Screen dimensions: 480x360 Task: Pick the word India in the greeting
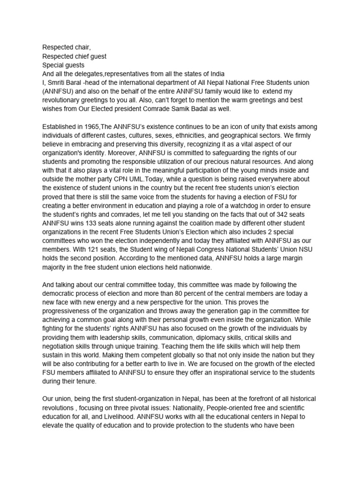pos(214,74)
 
